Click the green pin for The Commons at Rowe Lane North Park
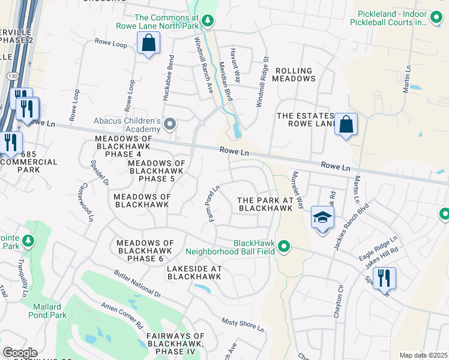[x=208, y=21]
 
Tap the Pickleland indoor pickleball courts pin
[x=437, y=19]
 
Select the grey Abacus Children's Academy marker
[x=170, y=125]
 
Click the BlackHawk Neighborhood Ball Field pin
[x=285, y=246]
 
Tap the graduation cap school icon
[x=322, y=217]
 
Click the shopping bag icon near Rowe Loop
[x=148, y=43]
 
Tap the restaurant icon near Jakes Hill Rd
[x=384, y=278]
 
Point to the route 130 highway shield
[x=13, y=77]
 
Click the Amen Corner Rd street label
[x=122, y=316]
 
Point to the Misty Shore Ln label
[x=243, y=325]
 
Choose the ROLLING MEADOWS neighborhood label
[x=295, y=74]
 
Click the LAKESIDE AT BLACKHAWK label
[x=194, y=272]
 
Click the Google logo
[x=20, y=353]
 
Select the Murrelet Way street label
[x=298, y=190]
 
